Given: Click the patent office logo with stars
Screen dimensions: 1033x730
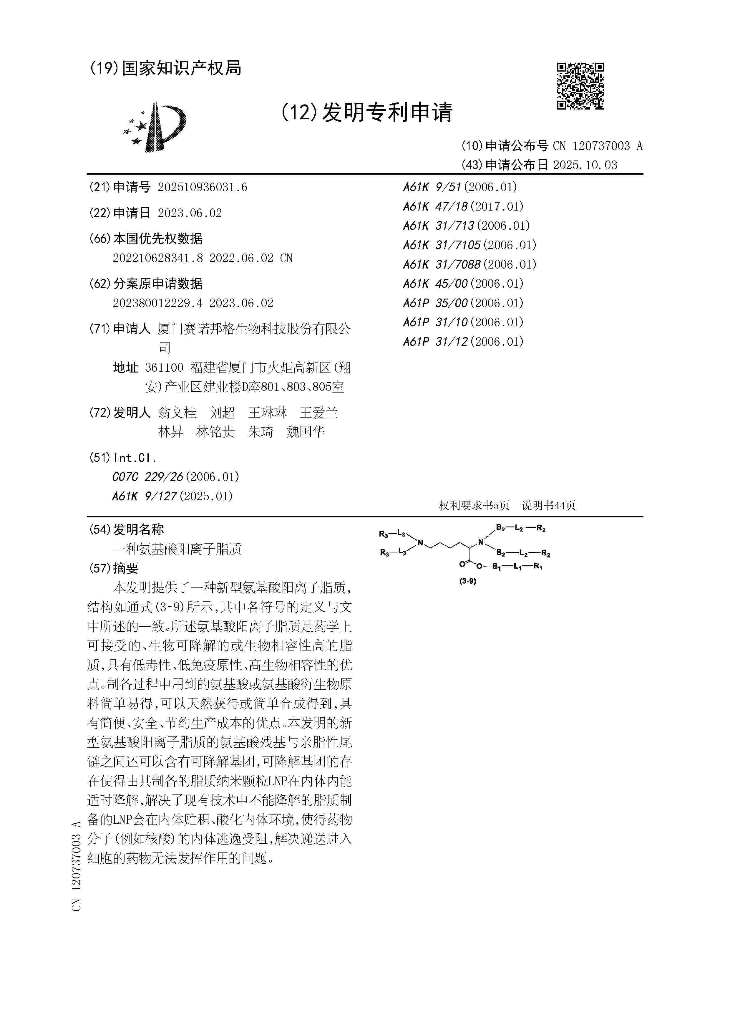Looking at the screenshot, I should pos(155,127).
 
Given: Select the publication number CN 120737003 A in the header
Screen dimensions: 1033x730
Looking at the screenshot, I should pos(597,146).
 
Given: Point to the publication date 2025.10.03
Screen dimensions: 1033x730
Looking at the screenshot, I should pos(585,165).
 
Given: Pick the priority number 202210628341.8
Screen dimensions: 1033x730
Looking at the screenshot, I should pos(157,258).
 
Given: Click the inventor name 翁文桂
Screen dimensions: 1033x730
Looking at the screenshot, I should pos(177,413).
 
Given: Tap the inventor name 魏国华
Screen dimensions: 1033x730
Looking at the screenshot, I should pos(306,432).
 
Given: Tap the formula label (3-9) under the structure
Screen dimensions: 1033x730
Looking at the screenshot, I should pos(467,581).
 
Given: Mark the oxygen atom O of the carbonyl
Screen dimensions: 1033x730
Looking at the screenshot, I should pos(462,564).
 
